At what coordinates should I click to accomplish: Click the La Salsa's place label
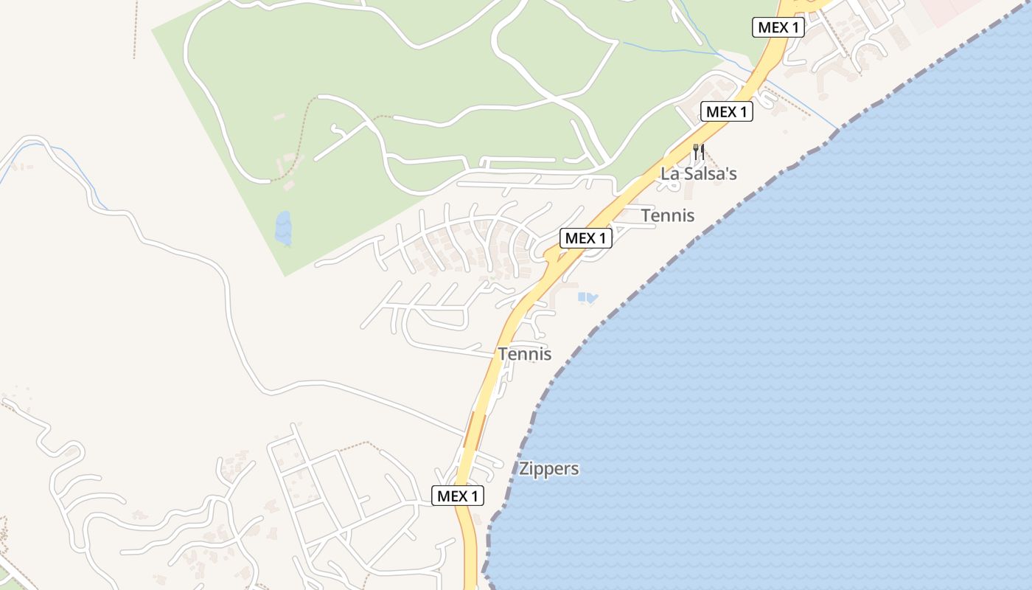point(698,174)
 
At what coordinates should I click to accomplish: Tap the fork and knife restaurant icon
point(698,153)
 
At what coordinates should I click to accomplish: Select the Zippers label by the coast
point(548,469)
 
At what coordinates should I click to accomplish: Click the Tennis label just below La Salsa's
point(667,215)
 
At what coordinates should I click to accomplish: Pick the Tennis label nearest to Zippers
point(524,354)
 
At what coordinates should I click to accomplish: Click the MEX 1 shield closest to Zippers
point(458,496)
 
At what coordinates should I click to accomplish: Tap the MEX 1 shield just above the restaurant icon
point(726,112)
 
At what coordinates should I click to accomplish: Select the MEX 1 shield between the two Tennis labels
point(586,238)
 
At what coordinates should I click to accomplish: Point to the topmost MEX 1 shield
point(778,28)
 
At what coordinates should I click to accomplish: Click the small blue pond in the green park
point(283,228)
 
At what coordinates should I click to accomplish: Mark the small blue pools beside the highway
point(588,298)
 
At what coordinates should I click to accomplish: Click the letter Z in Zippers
point(524,469)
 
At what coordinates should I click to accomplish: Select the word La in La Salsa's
point(669,174)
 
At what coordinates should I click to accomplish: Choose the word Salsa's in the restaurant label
point(709,174)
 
